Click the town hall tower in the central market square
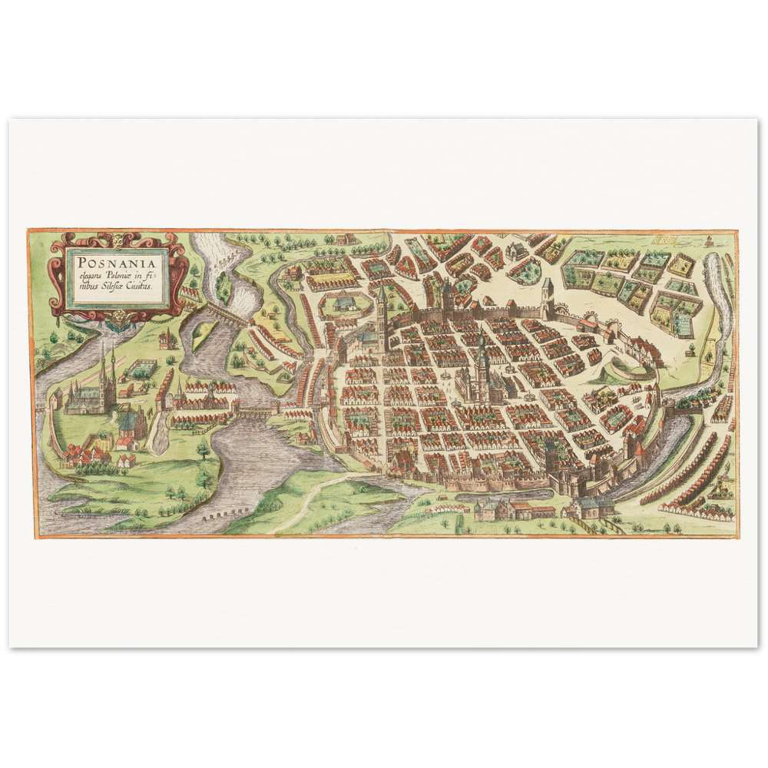(x=482, y=365)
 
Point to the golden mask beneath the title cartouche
(x=119, y=318)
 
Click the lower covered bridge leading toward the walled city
(x=257, y=412)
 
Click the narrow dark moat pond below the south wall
(x=499, y=495)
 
